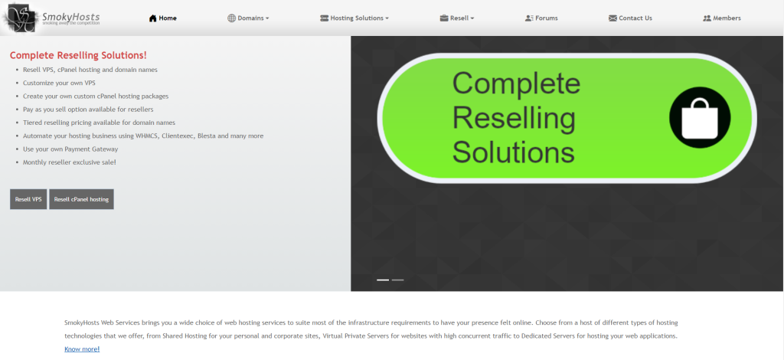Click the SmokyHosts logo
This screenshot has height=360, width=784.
(51, 18)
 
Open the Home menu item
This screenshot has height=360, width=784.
(163, 18)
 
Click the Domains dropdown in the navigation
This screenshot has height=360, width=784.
(248, 18)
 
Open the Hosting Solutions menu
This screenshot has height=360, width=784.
(354, 18)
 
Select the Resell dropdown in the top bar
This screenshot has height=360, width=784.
(457, 18)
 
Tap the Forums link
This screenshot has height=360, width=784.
(541, 18)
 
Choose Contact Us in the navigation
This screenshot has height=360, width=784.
(631, 18)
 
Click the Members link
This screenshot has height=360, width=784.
(722, 18)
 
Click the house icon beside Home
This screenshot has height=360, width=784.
(153, 18)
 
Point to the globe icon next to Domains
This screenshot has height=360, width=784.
(231, 18)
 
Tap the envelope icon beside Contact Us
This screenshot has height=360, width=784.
(612, 18)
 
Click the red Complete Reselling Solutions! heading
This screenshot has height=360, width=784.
(79, 55)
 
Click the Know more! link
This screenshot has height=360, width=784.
(82, 349)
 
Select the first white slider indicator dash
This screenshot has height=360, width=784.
(383, 280)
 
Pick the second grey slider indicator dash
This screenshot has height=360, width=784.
(398, 280)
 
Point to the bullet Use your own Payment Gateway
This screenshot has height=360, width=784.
(70, 149)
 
